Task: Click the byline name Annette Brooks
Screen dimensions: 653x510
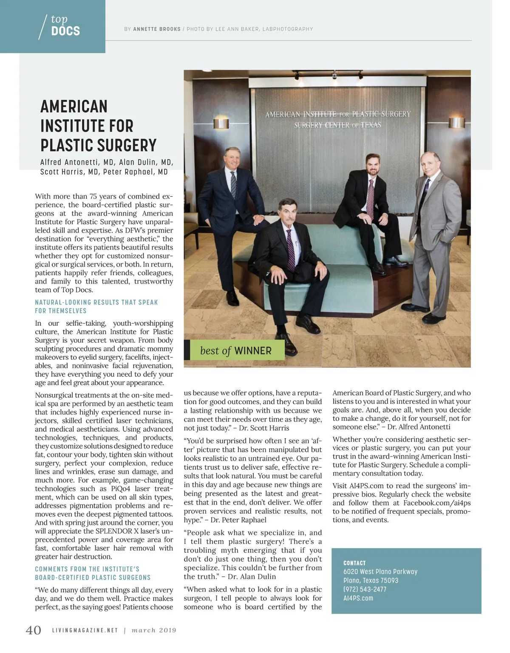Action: pyautogui.click(x=157, y=29)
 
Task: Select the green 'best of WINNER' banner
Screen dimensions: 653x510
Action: pyautogui.click(x=236, y=350)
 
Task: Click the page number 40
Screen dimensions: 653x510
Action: pyautogui.click(x=34, y=630)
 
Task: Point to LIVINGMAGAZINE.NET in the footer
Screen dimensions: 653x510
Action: pyautogui.click(x=85, y=630)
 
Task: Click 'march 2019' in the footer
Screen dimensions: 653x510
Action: pyautogui.click(x=154, y=630)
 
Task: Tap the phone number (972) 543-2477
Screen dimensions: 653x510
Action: pyautogui.click(x=365, y=589)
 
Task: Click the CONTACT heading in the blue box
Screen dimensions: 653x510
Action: pyautogui.click(x=354, y=563)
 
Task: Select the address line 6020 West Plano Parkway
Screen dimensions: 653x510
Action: pyautogui.click(x=380, y=572)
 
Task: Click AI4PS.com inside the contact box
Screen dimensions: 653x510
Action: pyautogui.click(x=358, y=598)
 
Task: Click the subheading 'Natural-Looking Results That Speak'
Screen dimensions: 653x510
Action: pyautogui.click(x=96, y=302)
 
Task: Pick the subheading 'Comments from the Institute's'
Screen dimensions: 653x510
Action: pyautogui.click(x=87, y=569)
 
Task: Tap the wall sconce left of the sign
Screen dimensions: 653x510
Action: pyautogui.click(x=221, y=124)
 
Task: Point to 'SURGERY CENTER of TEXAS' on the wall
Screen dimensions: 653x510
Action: pyautogui.click(x=338, y=125)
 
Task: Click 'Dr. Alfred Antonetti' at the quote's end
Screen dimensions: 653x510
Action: pyautogui.click(x=419, y=427)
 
